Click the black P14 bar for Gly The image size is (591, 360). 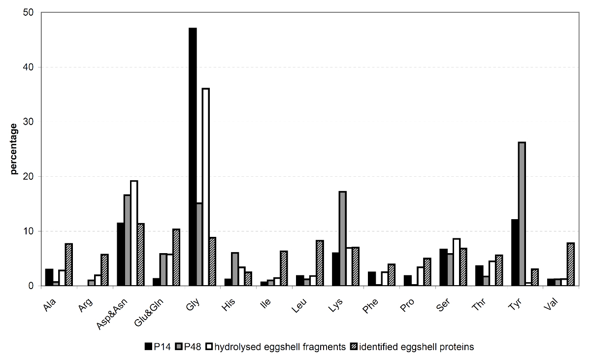[x=193, y=157]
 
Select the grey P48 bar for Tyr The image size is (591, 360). [x=522, y=214]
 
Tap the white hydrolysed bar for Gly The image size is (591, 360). [x=206, y=187]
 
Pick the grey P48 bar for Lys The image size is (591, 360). [x=343, y=238]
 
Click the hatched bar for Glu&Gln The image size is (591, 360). [x=176, y=258]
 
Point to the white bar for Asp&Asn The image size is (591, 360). [x=134, y=233]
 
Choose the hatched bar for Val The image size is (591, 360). [x=571, y=264]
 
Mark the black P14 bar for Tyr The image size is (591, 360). [x=515, y=253]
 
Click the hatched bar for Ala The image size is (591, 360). [x=69, y=264]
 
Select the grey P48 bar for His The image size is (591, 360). [x=235, y=269]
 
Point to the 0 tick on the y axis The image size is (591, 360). [x=31, y=286]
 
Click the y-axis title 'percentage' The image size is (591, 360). [x=13, y=149]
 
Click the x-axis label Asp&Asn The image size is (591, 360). [x=112, y=314]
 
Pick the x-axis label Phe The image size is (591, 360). [x=370, y=306]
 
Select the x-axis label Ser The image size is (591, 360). [x=443, y=305]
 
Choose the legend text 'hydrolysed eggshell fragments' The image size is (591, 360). [x=280, y=347]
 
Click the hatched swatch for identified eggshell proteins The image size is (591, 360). [x=354, y=346]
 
